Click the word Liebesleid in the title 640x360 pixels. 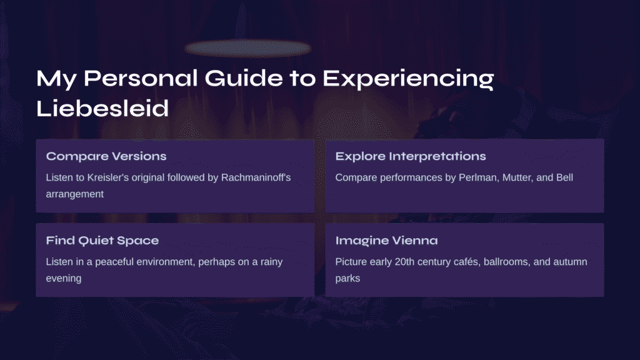click(x=102, y=108)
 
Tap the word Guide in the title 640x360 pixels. click(x=244, y=77)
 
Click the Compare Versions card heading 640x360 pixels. click(x=106, y=156)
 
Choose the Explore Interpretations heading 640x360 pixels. click(x=411, y=156)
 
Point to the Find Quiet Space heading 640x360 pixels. click(x=102, y=241)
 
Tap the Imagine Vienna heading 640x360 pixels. click(x=386, y=241)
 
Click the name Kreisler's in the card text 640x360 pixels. click(x=107, y=177)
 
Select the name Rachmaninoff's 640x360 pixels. click(x=256, y=177)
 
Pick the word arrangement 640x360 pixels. click(x=75, y=194)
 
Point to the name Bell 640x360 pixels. click(x=565, y=177)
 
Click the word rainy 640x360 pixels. click(x=271, y=262)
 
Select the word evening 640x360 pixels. click(x=64, y=278)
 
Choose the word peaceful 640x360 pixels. click(x=114, y=262)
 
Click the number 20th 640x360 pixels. click(x=404, y=262)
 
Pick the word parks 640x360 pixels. click(x=347, y=278)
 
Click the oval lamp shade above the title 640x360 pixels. click(x=247, y=48)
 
